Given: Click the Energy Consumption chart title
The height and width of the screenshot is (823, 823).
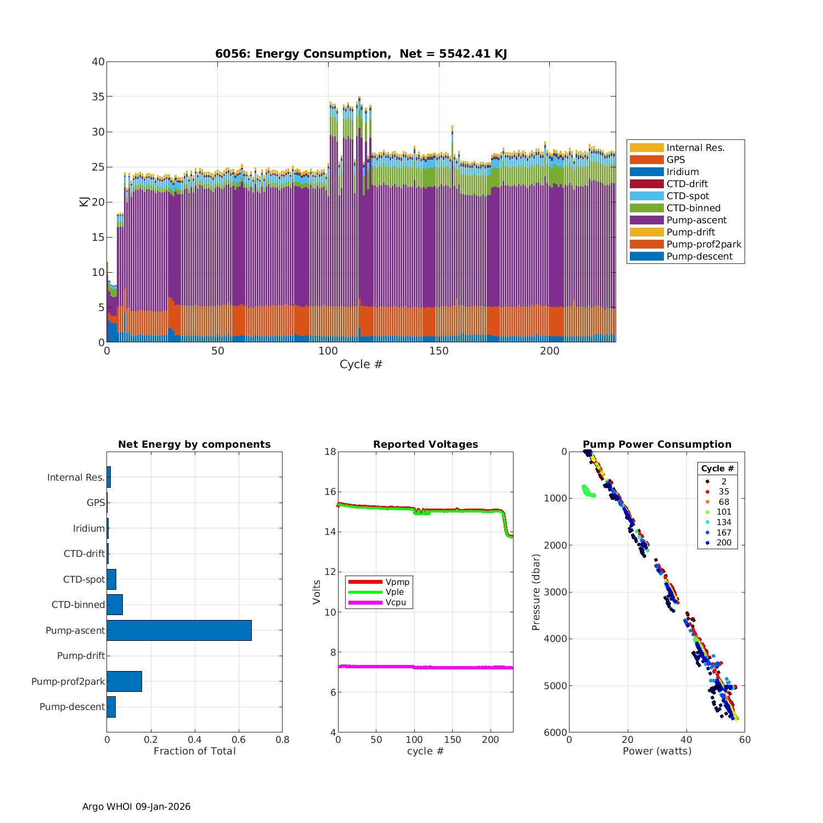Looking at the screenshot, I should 361,54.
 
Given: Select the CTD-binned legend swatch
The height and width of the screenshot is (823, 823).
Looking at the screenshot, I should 646,208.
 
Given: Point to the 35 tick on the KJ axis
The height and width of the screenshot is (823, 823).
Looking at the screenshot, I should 98,97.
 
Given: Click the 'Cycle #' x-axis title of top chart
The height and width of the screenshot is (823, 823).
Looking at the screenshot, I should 361,364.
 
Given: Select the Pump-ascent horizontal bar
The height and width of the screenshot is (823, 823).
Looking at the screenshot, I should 179,630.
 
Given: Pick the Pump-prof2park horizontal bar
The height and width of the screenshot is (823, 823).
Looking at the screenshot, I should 124,681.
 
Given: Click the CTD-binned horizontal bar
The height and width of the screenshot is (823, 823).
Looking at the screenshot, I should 115,605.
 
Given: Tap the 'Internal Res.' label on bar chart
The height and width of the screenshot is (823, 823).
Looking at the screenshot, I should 76,477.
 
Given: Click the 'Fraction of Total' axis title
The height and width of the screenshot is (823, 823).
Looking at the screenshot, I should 194,751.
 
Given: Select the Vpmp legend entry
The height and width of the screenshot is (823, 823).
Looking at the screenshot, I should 397,582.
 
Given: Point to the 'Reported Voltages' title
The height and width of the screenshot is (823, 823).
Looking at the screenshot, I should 425,444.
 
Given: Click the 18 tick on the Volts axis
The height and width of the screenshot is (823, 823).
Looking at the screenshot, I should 330,452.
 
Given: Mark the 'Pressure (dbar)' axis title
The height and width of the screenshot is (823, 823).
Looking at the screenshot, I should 536,591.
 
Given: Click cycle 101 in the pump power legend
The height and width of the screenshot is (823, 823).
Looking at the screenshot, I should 724,512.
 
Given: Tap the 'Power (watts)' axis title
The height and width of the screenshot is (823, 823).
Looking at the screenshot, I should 657,751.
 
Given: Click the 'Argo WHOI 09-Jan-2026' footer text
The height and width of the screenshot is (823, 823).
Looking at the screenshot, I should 136,807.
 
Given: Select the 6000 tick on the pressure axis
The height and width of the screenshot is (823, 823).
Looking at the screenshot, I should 556,732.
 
